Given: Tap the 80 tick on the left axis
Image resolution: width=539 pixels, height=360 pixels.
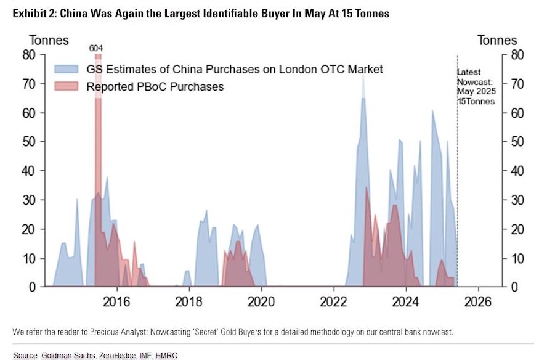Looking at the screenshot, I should pyautogui.click(x=29, y=54).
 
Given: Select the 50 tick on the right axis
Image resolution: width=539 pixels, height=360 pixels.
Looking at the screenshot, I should pyautogui.click(x=517, y=142).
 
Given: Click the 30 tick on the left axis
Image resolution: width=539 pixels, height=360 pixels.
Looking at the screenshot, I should pyautogui.click(x=29, y=200).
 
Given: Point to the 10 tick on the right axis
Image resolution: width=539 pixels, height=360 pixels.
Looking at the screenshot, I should pyautogui.click(x=517, y=258).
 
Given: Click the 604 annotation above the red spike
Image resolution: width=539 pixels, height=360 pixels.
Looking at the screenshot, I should pyautogui.click(x=95, y=47).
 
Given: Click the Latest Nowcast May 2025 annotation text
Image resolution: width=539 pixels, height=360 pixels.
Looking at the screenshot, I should pyautogui.click(x=476, y=87).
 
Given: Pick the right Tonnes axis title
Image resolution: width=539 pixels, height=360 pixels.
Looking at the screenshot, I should pyautogui.click(x=497, y=41).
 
